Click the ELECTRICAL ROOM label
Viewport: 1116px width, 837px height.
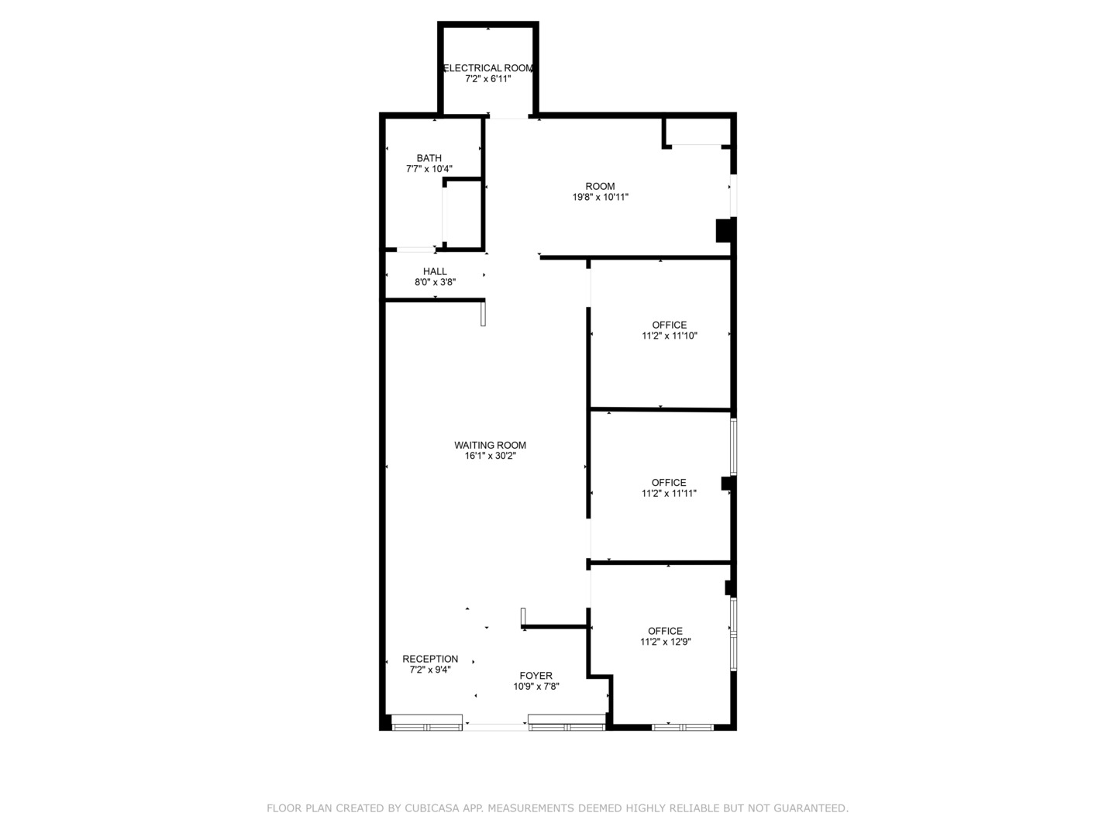click(x=488, y=68)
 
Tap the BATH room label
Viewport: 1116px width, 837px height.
click(x=429, y=158)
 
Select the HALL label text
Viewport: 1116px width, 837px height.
click(x=436, y=271)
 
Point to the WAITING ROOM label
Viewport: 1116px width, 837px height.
click(x=490, y=445)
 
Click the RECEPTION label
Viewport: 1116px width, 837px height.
click(x=430, y=659)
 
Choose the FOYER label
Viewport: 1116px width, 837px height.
click(x=536, y=675)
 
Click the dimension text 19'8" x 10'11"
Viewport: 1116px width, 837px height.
click(x=601, y=197)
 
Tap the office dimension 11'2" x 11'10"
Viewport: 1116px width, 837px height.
click(x=670, y=336)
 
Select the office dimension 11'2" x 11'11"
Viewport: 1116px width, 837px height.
click(x=669, y=493)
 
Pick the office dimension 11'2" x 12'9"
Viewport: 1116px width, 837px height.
click(x=666, y=642)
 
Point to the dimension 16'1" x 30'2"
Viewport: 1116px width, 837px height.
click(x=490, y=456)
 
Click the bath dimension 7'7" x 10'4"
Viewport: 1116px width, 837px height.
click(x=429, y=169)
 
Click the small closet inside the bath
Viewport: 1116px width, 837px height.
click(x=463, y=215)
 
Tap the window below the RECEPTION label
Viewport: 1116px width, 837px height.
click(x=426, y=722)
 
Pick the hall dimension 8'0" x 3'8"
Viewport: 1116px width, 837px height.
click(x=436, y=282)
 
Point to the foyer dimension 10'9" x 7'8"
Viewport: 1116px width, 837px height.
click(x=536, y=686)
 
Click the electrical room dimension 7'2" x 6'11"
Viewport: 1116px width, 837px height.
click(x=488, y=79)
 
